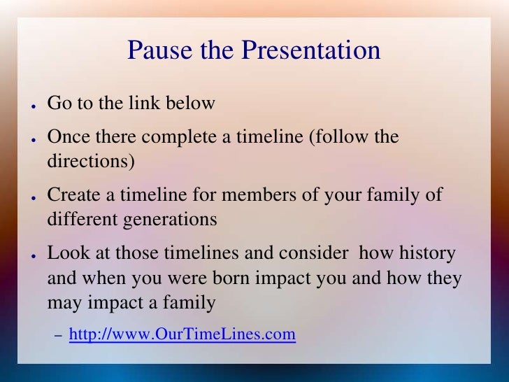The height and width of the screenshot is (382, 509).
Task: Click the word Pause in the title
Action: coord(159,50)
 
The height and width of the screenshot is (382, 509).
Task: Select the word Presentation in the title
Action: coord(310,50)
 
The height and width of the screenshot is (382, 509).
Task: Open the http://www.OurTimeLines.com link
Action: coord(182,334)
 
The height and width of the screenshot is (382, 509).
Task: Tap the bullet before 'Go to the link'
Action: coord(34,106)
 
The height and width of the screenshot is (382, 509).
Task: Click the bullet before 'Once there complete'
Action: coord(34,139)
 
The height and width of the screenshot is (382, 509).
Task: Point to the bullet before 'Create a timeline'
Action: coord(34,197)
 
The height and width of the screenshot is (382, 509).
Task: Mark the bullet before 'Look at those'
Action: coord(34,255)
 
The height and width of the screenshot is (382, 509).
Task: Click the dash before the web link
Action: coord(59,336)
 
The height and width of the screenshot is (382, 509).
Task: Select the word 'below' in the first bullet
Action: coord(190,103)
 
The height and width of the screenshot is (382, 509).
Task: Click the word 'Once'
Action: coord(69,136)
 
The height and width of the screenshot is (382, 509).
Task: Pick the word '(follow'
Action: coord(338,137)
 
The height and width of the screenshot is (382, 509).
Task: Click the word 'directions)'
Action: coord(91,161)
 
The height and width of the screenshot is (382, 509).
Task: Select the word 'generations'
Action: coord(170,220)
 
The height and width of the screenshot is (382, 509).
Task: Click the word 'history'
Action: coord(427,253)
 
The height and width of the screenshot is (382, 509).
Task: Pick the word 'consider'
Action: coord(313,253)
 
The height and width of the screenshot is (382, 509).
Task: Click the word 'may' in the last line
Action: coord(65,304)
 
